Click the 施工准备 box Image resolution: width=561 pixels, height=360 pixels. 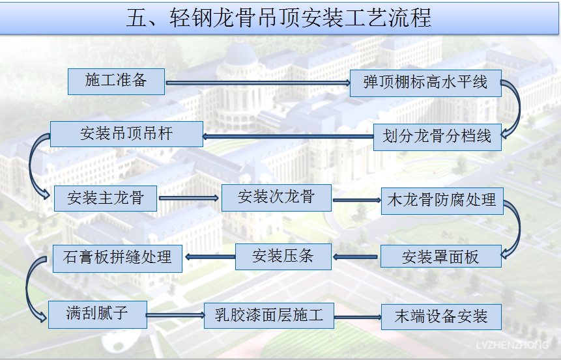click(x=116, y=82)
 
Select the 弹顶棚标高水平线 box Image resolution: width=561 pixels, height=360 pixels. click(x=425, y=83)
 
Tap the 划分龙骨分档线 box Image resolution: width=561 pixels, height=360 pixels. click(x=437, y=137)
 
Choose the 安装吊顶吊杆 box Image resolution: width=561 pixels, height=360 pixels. click(x=126, y=134)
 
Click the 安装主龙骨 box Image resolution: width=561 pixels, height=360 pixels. click(x=106, y=199)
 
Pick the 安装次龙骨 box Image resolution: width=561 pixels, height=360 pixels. click(x=276, y=198)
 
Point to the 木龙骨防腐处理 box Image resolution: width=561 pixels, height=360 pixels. click(x=442, y=201)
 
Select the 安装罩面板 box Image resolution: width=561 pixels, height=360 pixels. click(x=440, y=256)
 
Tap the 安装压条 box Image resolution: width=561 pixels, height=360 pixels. click(x=283, y=256)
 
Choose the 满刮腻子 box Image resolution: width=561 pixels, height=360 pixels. click(x=98, y=314)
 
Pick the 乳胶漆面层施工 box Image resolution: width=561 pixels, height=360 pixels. click(x=269, y=316)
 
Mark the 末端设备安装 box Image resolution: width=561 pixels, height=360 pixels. click(x=441, y=317)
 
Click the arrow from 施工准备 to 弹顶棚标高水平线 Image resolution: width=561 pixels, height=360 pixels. click(x=257, y=83)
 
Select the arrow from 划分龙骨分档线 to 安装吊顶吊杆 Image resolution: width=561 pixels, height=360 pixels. click(x=289, y=136)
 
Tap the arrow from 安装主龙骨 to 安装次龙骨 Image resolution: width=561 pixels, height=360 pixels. click(x=189, y=198)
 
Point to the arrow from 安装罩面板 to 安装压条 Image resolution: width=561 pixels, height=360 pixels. click(x=355, y=256)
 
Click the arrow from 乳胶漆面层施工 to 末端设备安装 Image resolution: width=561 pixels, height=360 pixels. click(x=358, y=317)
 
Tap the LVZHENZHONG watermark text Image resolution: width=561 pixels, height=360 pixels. click(x=512, y=345)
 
